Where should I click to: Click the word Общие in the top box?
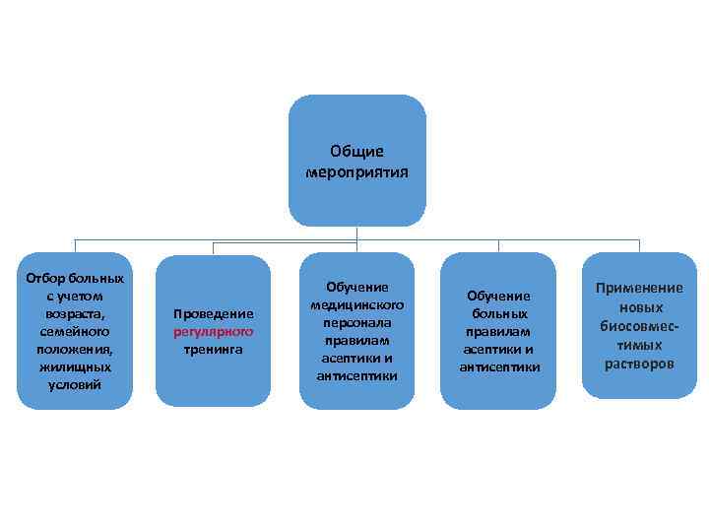coord(356,152)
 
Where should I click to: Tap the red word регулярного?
coord(214,332)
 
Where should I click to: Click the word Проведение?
coord(214,314)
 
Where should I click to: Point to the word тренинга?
coord(214,350)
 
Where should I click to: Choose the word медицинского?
coord(356,304)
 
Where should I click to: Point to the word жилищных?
coord(74,366)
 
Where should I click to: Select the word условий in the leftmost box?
coord(74,384)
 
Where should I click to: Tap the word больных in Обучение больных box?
coord(498,314)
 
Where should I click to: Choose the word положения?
coord(74,349)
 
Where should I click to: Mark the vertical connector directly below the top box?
coord(356,234)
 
